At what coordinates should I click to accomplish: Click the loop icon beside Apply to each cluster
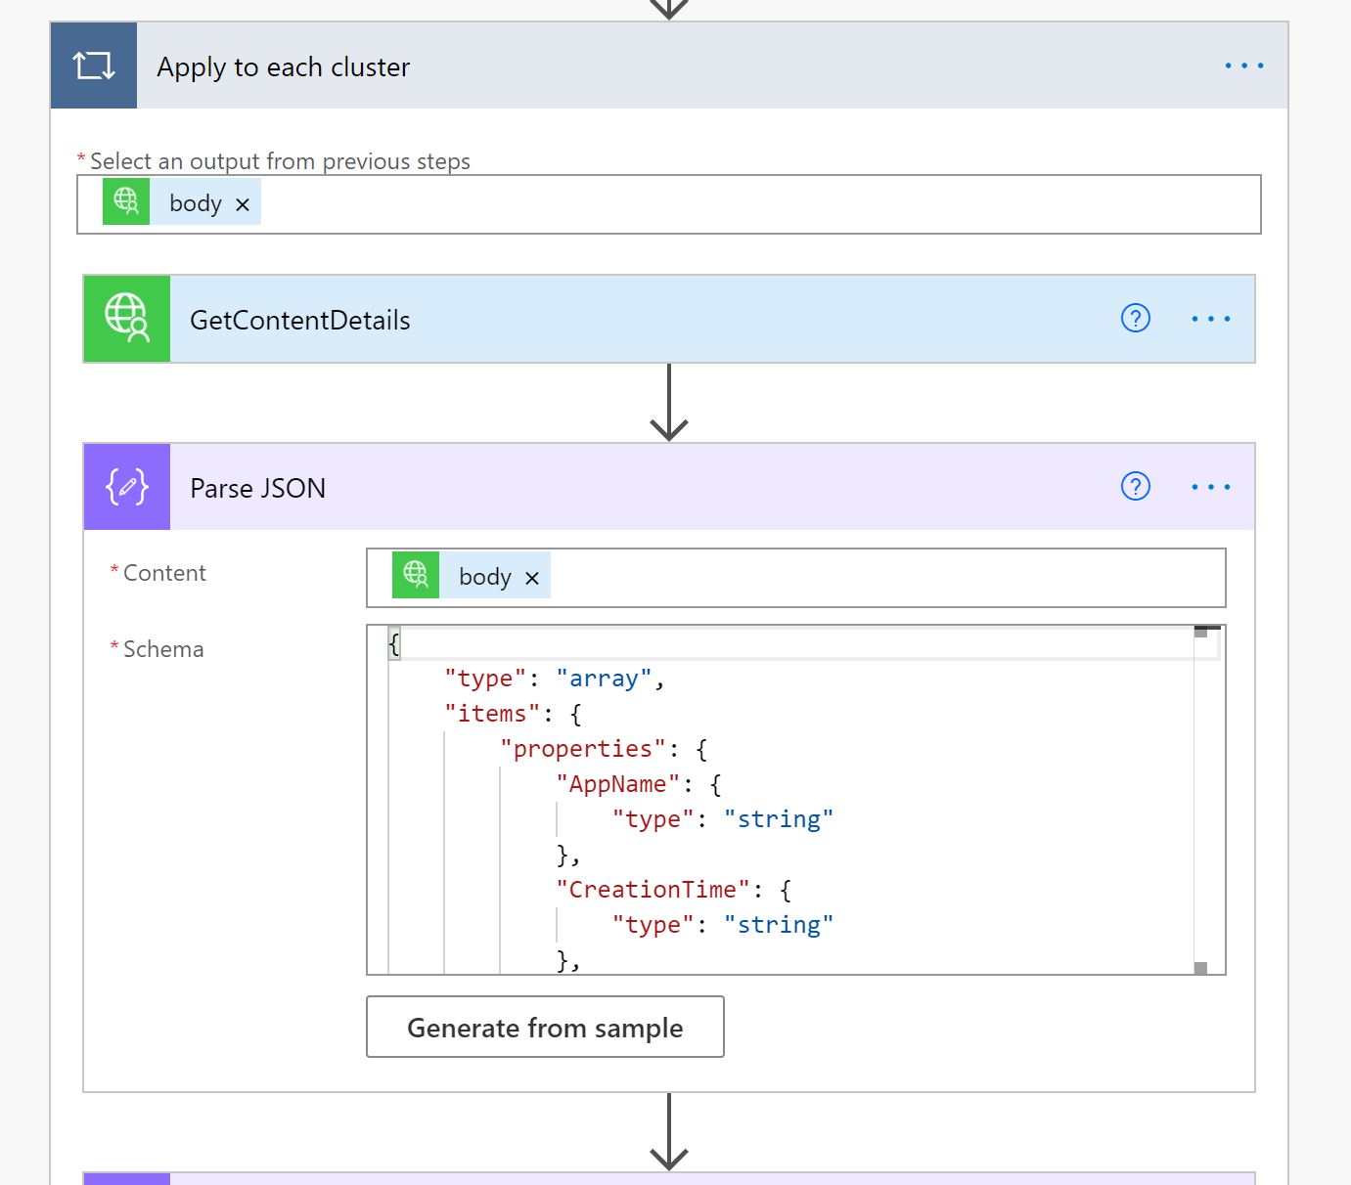94,66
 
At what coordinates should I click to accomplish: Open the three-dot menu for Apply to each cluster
1243,66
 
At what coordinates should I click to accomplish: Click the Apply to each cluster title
283,67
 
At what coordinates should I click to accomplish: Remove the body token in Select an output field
243,204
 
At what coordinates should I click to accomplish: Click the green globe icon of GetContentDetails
127,319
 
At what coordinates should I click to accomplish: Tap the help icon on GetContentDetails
1135,319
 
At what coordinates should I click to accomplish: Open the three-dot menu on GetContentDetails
1210,319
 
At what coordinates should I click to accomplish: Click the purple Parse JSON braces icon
127,487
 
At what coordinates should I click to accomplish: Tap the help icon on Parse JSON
1135,487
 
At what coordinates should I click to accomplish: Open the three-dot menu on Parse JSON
1210,487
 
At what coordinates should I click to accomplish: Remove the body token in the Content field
532,579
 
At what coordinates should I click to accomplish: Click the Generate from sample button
545,1027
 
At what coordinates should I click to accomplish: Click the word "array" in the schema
604,679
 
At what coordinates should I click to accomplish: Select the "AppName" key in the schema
617,784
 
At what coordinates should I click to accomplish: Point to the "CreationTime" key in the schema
653,890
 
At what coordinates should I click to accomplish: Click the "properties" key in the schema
583,749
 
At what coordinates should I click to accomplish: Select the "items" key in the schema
492,714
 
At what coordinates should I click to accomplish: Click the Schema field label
163,649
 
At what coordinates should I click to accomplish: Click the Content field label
164,573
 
